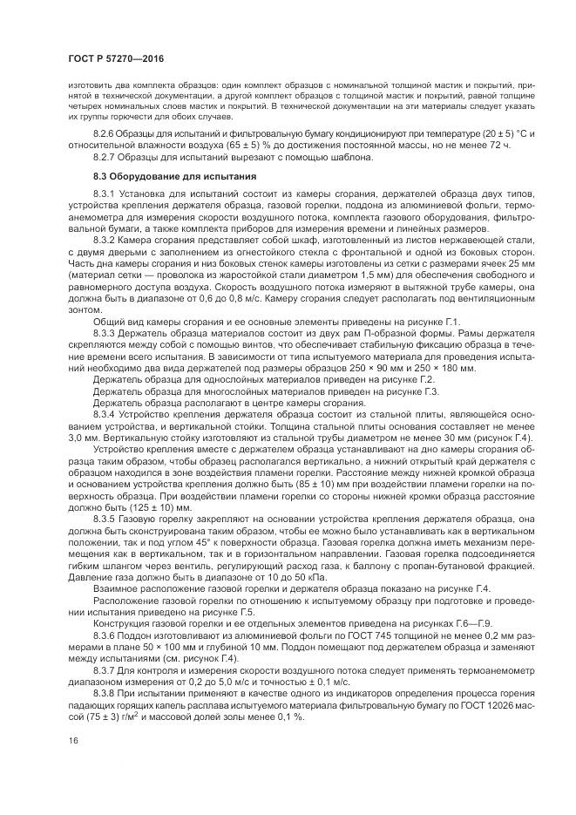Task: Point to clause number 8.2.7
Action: pyautogui.click(x=105, y=157)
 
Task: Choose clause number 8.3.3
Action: pyautogui.click(x=105, y=334)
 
